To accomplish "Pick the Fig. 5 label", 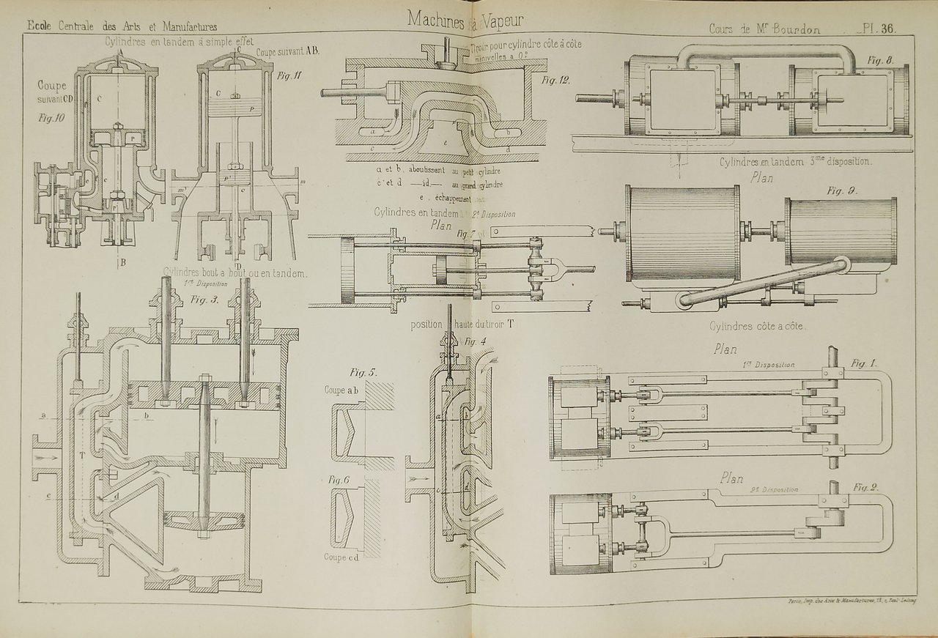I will click(363, 372).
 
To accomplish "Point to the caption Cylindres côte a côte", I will click(758, 327).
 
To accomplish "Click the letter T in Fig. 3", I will click(82, 455).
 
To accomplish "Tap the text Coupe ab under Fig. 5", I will click(340, 390).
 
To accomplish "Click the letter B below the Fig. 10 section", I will click(122, 261).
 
